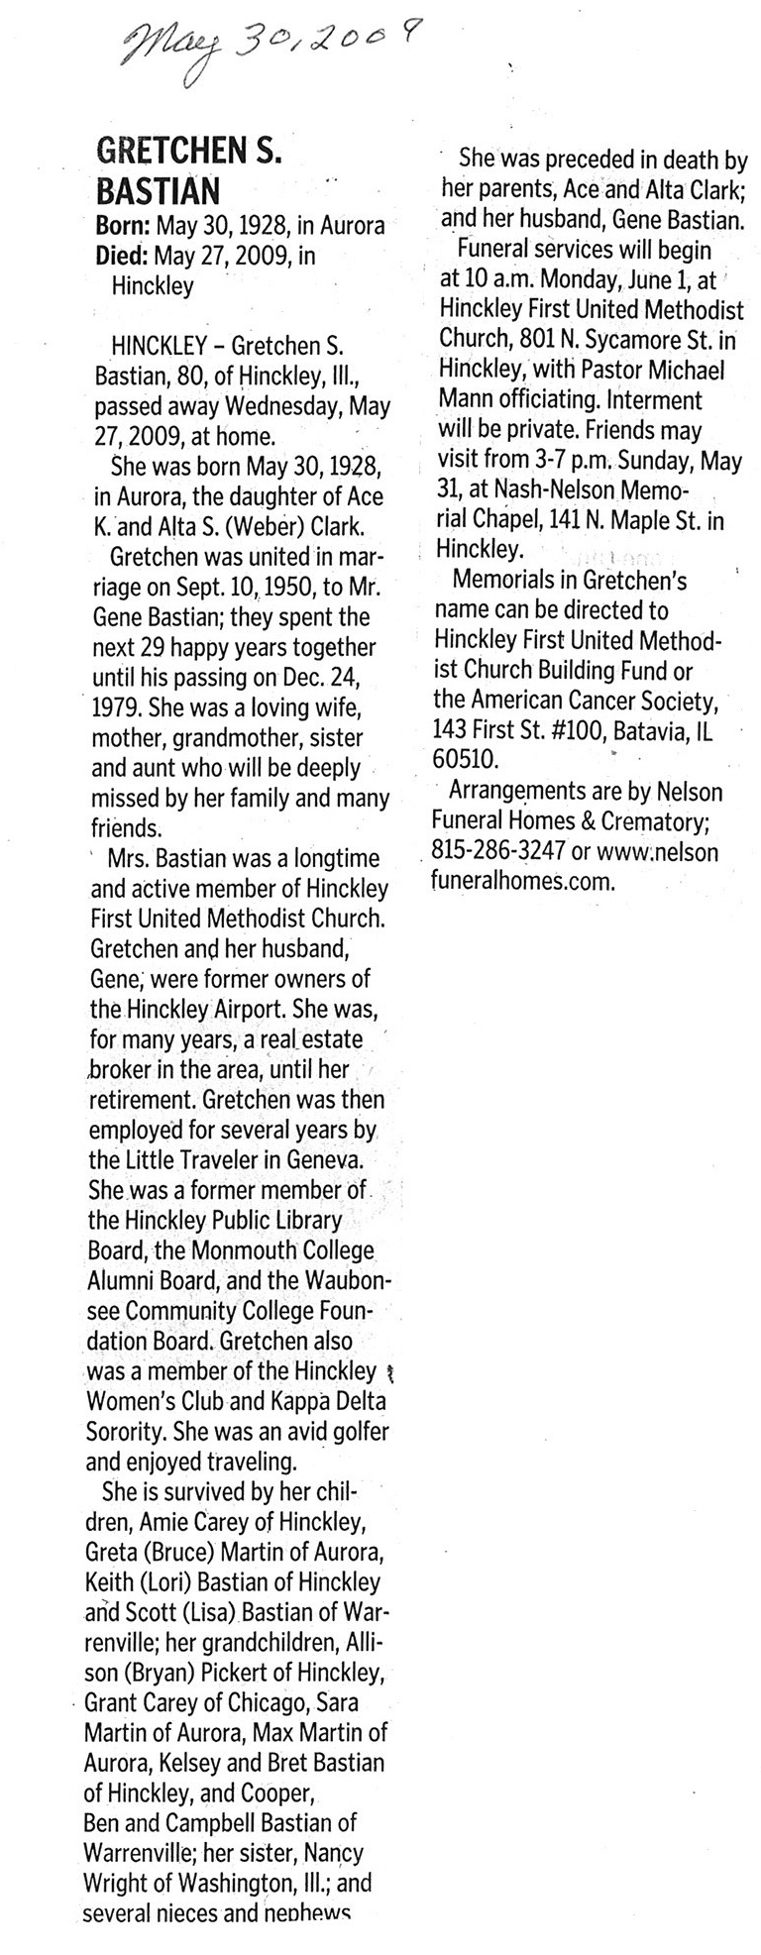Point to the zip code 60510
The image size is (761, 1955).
[x=468, y=760]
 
